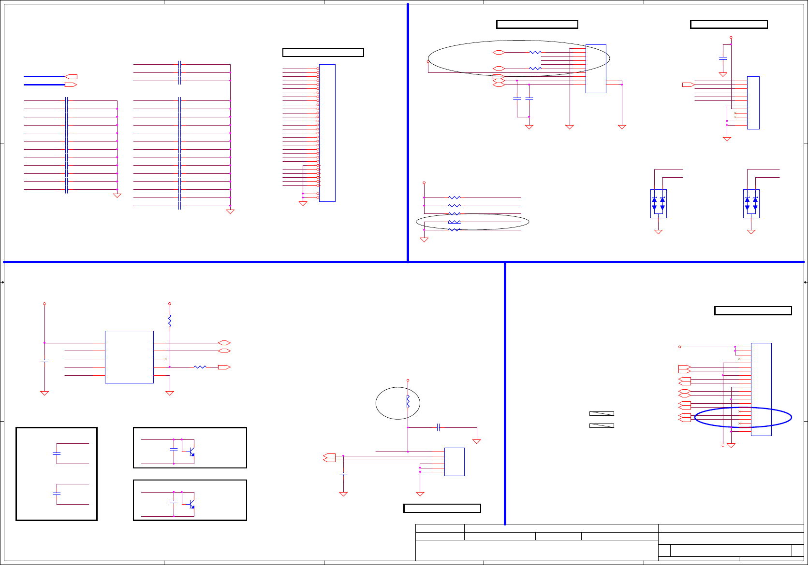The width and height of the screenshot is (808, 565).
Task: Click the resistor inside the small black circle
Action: [x=408, y=401]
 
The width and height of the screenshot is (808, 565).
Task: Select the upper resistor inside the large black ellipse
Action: [x=535, y=52]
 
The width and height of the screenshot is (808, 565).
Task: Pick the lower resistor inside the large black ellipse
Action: [x=535, y=69]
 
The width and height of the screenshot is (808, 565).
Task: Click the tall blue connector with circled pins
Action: [x=327, y=133]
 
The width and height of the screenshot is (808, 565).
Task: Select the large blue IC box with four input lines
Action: [x=129, y=357]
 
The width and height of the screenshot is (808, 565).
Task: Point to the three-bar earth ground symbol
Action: [x=723, y=445]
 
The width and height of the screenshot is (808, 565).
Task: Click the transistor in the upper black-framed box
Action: [x=191, y=452]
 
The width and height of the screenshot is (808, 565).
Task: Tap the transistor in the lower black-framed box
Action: [x=191, y=505]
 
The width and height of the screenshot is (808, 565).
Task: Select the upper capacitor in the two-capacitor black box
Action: [x=57, y=453]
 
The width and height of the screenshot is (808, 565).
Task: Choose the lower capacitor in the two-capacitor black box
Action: [x=57, y=494]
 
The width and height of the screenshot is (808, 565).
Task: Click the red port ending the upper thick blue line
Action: [x=71, y=76]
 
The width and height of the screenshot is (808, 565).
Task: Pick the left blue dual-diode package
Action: [x=658, y=203]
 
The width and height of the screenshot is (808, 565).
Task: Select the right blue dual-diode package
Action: [x=751, y=203]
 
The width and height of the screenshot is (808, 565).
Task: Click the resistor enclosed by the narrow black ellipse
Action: [x=454, y=222]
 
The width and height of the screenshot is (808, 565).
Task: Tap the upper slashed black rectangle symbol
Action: [x=602, y=413]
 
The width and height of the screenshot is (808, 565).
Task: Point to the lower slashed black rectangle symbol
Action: [x=602, y=425]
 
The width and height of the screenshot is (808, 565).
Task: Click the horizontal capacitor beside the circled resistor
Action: [x=438, y=427]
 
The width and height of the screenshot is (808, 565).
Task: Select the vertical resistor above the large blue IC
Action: [x=170, y=321]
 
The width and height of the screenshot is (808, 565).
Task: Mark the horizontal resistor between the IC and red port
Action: [x=200, y=367]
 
